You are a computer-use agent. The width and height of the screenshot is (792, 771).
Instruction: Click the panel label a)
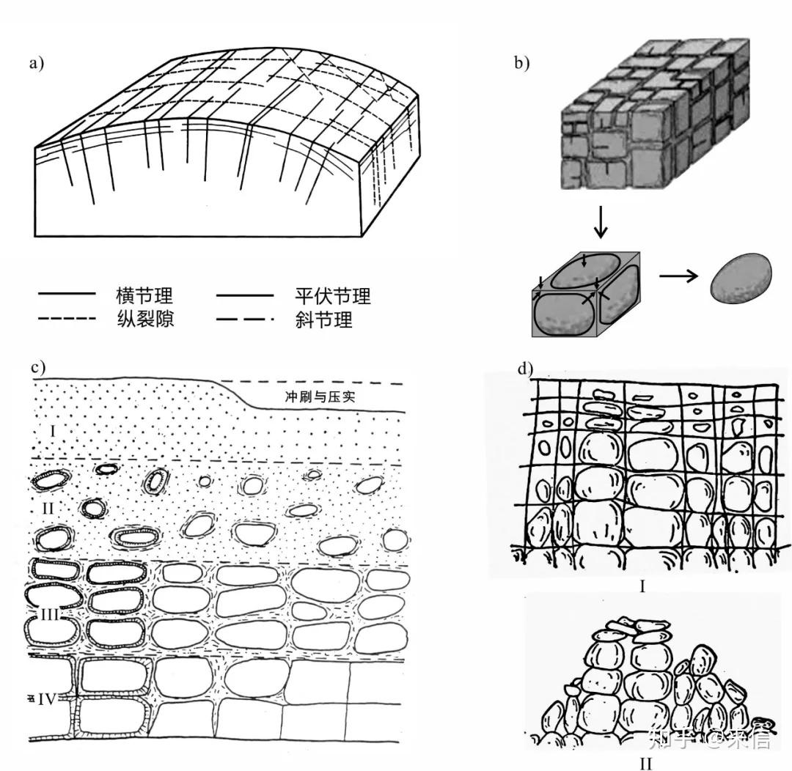click(37, 63)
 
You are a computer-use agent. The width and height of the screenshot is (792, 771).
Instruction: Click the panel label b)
click(521, 63)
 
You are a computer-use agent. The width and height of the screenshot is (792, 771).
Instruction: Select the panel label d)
click(525, 368)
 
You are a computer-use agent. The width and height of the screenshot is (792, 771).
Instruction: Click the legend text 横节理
click(144, 296)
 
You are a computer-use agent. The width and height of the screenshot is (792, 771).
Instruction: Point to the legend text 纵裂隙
click(144, 320)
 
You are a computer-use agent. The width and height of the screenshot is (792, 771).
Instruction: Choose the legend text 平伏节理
click(332, 296)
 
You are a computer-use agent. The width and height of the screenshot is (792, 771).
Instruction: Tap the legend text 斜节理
click(323, 320)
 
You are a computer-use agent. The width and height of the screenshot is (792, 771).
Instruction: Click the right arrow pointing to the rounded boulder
click(679, 276)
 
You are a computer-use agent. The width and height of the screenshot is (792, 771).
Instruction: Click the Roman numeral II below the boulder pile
click(645, 762)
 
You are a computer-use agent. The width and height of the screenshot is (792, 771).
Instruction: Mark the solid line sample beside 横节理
click(67, 294)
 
